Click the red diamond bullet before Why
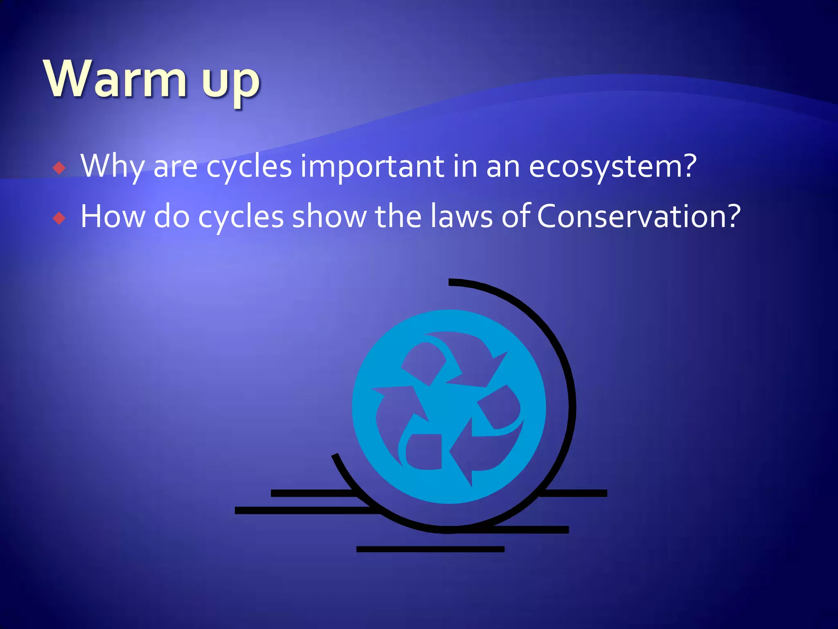[59, 168]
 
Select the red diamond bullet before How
[59, 218]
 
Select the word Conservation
[631, 217]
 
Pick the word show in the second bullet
[329, 217]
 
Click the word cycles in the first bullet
[249, 166]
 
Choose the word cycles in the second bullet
[241, 217]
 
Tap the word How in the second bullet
[113, 217]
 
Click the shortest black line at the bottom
[430, 549]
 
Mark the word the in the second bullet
[398, 217]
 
